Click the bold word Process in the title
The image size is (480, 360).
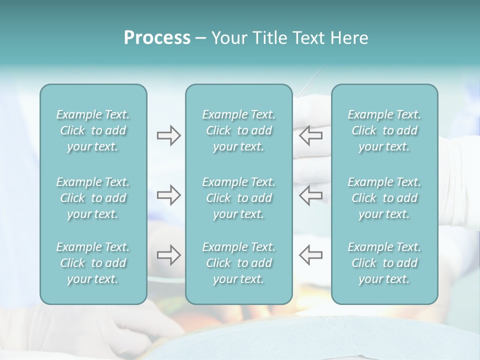coord(157,38)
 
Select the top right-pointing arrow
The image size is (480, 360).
coord(168,135)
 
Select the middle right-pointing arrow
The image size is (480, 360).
coord(168,195)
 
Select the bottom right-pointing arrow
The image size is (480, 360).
coord(168,255)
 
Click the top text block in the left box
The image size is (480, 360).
coord(93,130)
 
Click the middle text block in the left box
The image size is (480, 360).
coord(93,198)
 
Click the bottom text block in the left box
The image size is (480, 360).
coord(93,263)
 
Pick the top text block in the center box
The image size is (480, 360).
coord(239,130)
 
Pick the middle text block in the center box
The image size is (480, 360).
coord(239,198)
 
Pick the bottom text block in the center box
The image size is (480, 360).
coord(239,263)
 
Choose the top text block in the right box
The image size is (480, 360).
coord(384,130)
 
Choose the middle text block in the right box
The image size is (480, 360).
coord(384,198)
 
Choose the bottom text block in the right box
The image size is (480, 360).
coord(384,263)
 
